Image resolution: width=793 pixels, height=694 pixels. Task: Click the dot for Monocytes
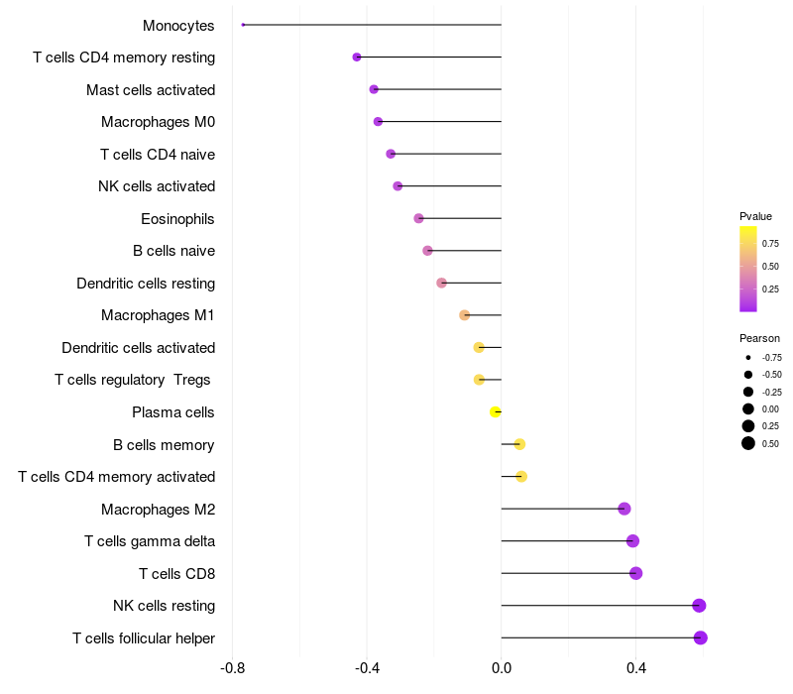click(243, 25)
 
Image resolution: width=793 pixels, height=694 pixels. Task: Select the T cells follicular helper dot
click(701, 637)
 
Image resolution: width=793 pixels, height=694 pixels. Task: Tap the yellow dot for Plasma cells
click(496, 411)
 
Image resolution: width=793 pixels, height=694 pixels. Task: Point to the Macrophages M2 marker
click(624, 509)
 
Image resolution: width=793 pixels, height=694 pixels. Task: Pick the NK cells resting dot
click(699, 606)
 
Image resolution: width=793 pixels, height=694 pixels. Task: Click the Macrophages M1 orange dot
click(465, 315)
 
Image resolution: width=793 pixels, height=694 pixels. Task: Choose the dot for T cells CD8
click(636, 573)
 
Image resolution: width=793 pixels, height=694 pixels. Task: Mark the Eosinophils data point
click(418, 218)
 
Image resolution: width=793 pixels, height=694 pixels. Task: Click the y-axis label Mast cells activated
click(151, 90)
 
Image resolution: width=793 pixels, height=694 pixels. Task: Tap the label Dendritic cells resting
click(146, 284)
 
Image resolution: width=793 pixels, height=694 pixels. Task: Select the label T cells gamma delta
click(150, 541)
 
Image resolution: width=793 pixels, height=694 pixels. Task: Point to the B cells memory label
click(164, 445)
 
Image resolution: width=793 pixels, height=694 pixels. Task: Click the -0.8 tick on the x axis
click(232, 669)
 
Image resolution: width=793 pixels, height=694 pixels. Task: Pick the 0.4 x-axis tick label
click(636, 669)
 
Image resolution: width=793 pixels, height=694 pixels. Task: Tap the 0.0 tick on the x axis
click(502, 669)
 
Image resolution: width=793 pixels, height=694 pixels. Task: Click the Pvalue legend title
click(755, 216)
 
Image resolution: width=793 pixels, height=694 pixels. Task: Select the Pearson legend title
click(759, 338)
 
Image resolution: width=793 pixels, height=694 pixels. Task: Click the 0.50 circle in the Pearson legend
click(748, 443)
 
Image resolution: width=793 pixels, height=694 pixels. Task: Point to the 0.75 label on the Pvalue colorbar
click(770, 243)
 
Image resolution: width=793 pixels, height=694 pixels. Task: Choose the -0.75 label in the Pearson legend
click(771, 357)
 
